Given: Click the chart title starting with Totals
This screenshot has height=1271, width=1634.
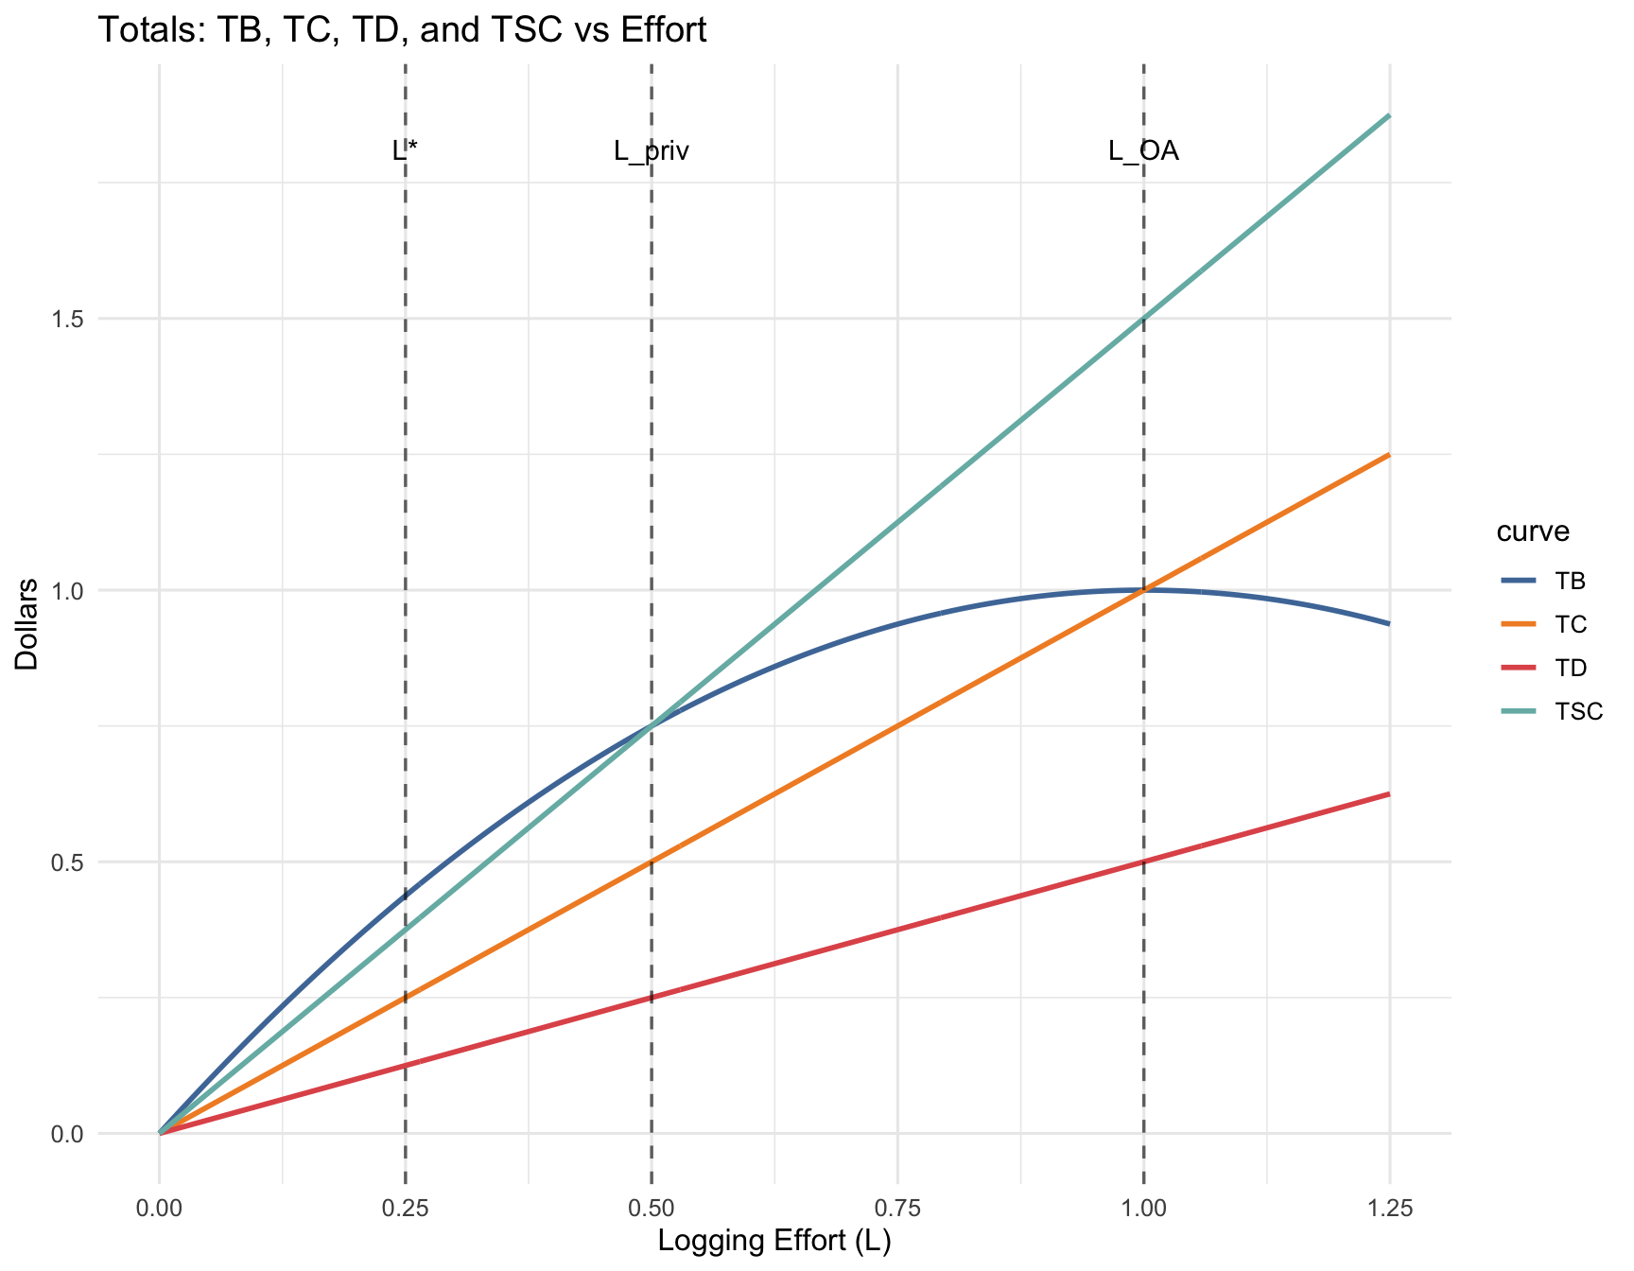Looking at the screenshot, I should point(402,31).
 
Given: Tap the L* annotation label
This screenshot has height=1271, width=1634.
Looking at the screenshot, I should point(405,151).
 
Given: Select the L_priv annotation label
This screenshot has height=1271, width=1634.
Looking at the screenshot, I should point(652,151).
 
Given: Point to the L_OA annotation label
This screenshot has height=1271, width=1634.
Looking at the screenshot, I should point(1143,151).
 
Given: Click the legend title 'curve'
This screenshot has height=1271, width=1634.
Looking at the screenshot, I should point(1533,531).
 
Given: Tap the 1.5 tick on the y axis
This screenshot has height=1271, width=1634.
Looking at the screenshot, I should point(67,319).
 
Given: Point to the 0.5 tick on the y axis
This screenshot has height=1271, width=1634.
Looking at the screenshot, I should point(67,862).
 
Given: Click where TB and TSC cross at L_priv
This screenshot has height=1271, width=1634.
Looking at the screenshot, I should point(652,726).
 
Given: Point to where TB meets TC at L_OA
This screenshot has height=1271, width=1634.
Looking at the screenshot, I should point(1143,590).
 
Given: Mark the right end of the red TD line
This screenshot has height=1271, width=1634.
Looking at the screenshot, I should point(1388,794).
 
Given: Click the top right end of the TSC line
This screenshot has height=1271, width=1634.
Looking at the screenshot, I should point(1388,116).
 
